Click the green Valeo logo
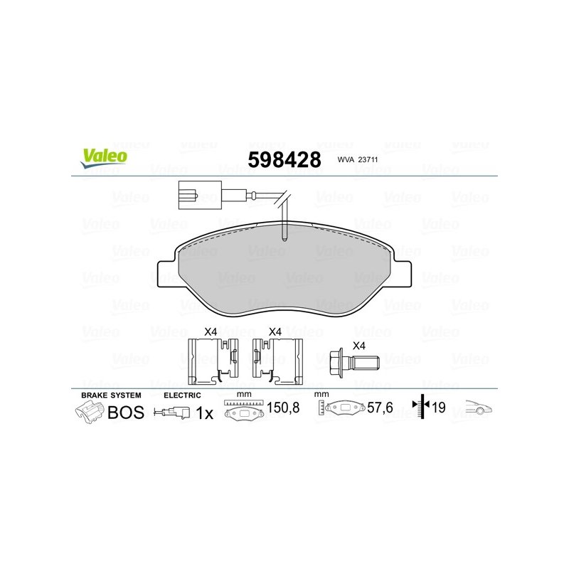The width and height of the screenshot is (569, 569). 105,158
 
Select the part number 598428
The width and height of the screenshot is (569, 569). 284,159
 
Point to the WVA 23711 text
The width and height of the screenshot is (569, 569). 358,159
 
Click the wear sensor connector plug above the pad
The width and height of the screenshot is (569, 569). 200,195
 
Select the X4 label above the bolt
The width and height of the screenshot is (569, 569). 359,346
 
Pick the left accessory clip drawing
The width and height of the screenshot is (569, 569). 213,361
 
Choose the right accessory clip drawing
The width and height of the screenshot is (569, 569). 277,361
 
